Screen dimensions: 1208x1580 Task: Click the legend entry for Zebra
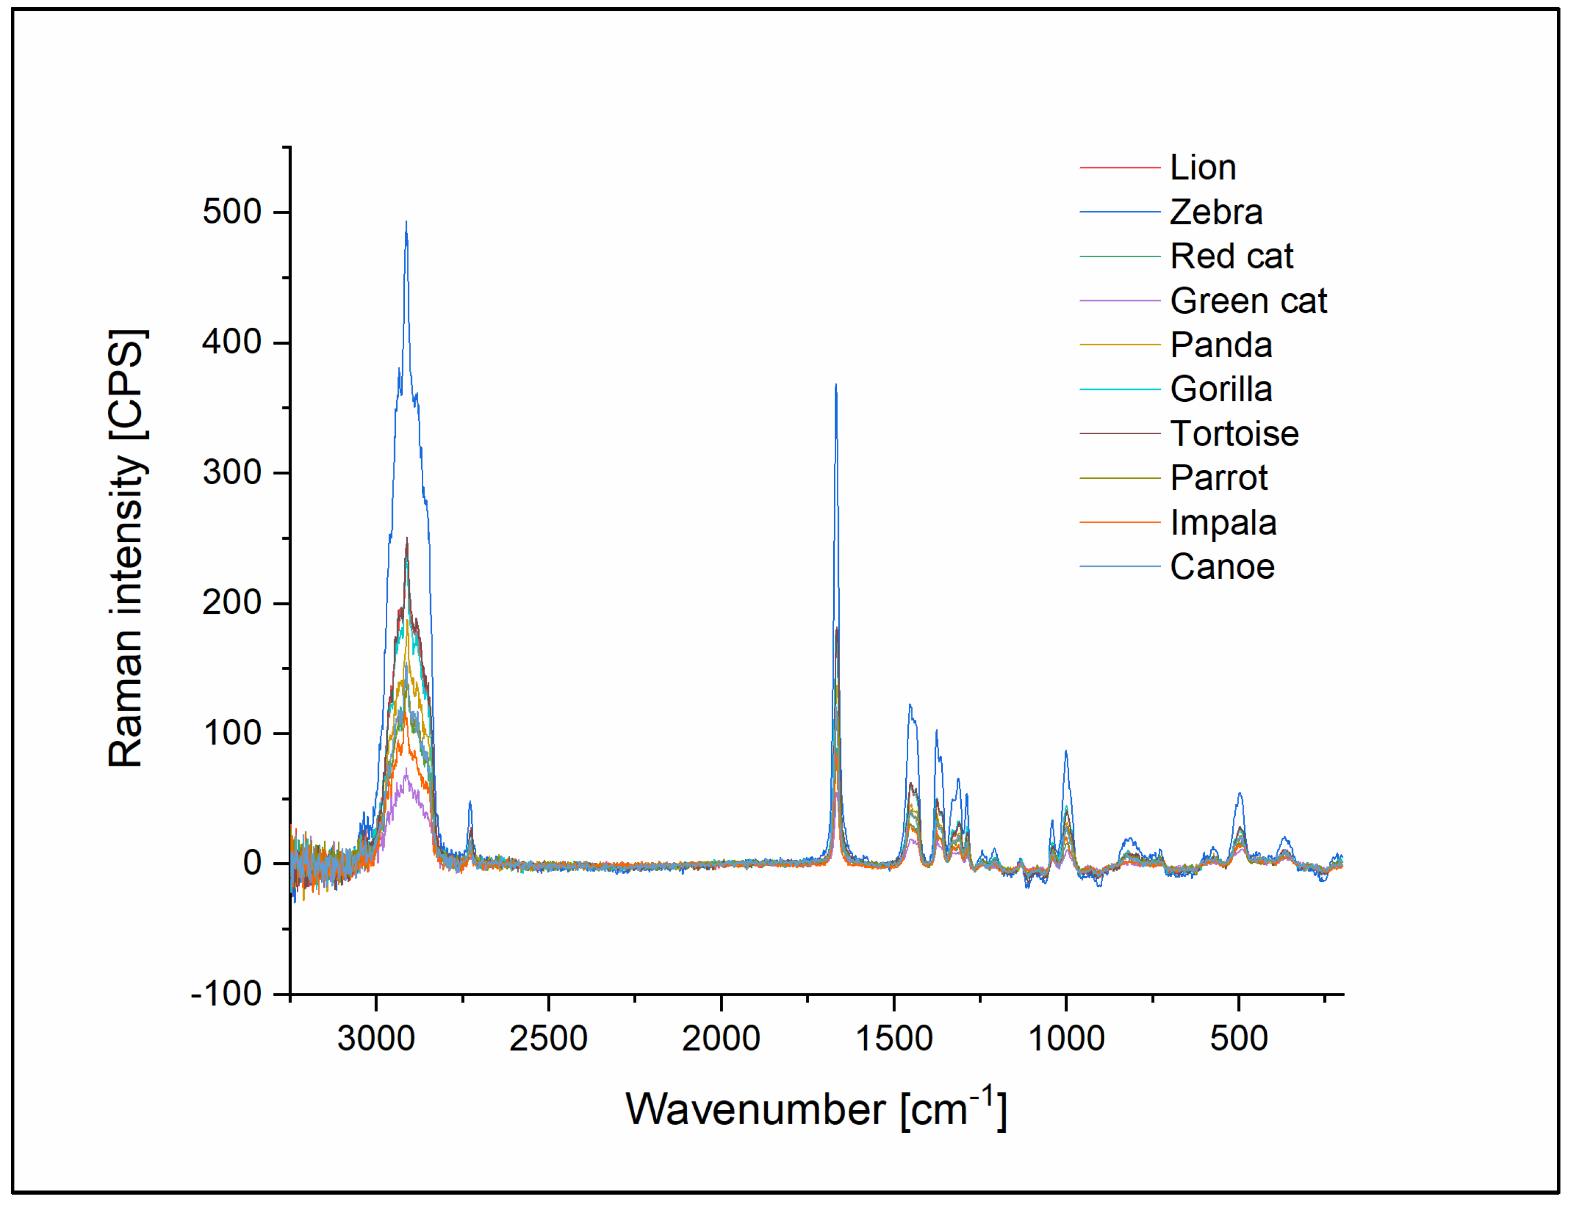tap(1215, 212)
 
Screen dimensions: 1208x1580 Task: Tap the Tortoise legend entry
tap(1234, 434)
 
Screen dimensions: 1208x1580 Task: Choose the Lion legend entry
tap(1202, 168)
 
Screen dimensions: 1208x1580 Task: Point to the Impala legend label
tap(1223, 523)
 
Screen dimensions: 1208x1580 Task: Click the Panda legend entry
tap(1220, 345)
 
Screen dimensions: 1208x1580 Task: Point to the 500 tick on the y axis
tap(231, 212)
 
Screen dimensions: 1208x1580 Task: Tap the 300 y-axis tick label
tap(231, 472)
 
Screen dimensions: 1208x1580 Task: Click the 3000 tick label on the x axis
tap(376, 1039)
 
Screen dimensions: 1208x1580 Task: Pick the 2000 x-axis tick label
tap(721, 1039)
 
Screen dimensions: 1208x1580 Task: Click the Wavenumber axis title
tap(816, 1110)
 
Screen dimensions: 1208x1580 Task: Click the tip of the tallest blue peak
tap(406, 222)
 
